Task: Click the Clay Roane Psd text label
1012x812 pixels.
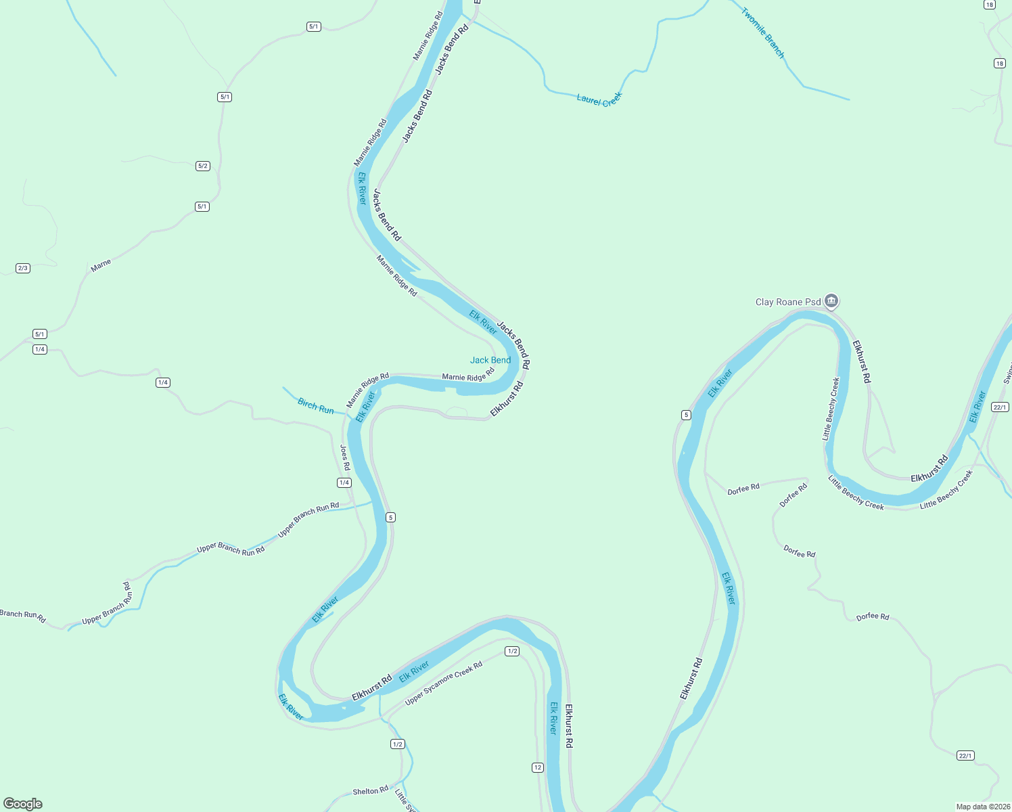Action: (x=787, y=302)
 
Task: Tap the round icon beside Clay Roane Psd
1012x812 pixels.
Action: (x=831, y=300)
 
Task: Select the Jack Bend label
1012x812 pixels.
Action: (x=490, y=360)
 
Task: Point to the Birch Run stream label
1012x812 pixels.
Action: (x=316, y=406)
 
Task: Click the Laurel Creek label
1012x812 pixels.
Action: (x=599, y=99)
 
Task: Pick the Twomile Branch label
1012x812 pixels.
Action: (x=763, y=32)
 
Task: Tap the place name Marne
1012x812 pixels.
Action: (x=101, y=266)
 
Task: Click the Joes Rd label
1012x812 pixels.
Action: (x=345, y=457)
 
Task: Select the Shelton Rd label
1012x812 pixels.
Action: (x=371, y=790)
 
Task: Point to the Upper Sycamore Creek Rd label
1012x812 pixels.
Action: (x=444, y=683)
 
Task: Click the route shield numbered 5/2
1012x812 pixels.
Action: (x=203, y=166)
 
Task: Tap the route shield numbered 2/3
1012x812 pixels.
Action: (x=23, y=268)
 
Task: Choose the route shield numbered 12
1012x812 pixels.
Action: (x=537, y=767)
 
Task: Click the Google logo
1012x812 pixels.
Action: (x=23, y=804)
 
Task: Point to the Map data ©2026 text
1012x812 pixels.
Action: (x=983, y=807)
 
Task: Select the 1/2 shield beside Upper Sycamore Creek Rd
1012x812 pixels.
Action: (x=512, y=651)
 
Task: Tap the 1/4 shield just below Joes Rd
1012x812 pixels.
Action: (x=344, y=482)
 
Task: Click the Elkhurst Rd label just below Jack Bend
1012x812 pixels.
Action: (x=507, y=399)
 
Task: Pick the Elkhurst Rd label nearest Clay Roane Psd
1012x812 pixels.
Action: (x=862, y=361)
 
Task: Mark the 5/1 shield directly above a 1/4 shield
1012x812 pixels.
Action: (x=40, y=334)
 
